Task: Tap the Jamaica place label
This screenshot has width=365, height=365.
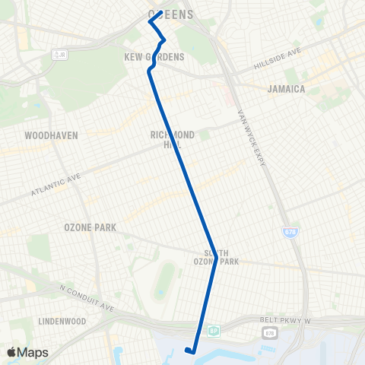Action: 286,89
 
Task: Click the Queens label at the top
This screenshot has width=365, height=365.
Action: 170,14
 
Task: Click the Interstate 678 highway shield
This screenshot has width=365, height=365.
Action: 290,233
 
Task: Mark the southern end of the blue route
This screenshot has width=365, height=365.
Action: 189,351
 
